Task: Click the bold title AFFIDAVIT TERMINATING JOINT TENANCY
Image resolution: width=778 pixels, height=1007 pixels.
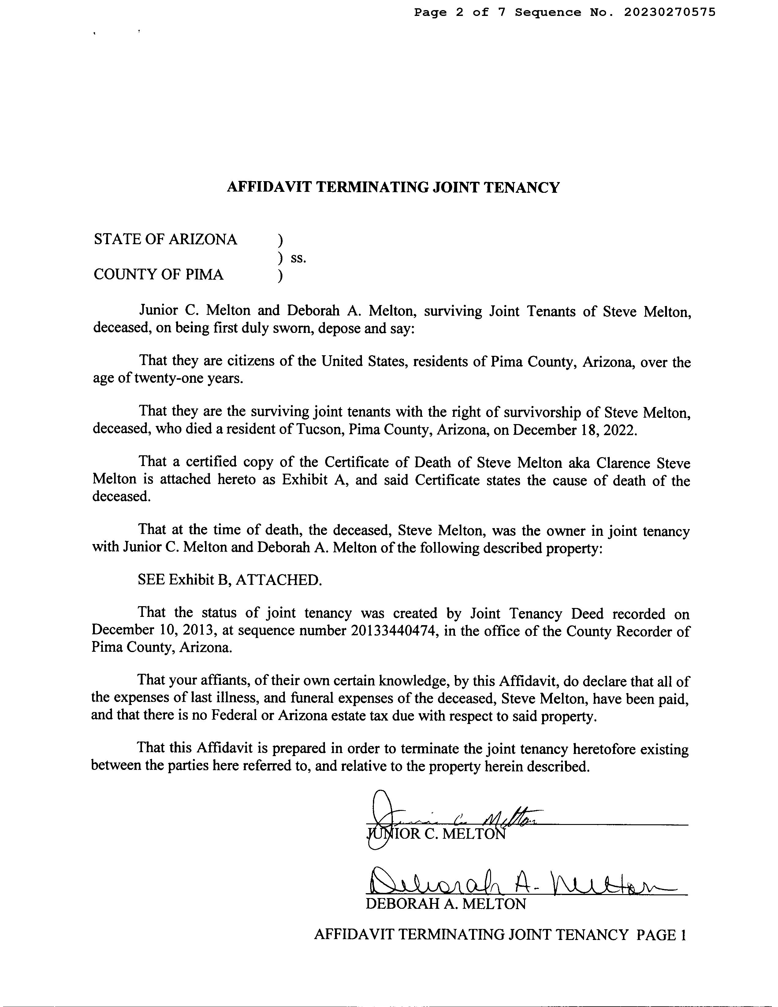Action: point(393,187)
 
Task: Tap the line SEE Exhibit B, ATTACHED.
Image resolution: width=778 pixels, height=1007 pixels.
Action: point(229,580)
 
